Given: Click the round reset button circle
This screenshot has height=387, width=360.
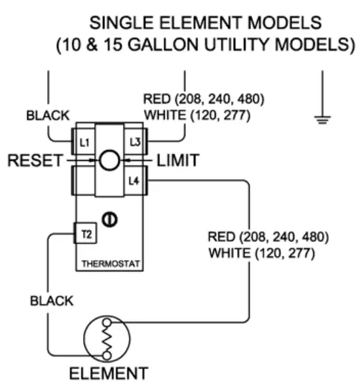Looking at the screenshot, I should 110,160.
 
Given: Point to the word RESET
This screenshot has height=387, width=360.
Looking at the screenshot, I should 32,160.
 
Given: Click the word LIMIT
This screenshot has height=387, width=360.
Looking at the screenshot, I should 177,160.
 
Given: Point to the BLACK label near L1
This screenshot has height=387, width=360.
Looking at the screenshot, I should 47,115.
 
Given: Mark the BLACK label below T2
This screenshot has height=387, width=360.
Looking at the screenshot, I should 52,301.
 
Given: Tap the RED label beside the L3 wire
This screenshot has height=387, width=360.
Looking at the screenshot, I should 157,100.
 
